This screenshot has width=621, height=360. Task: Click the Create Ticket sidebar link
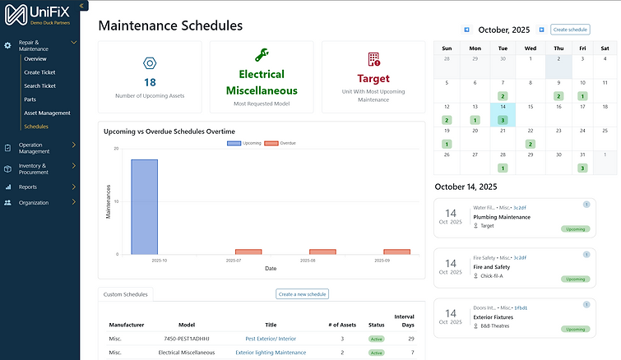point(39,72)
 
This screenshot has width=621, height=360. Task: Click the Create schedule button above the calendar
point(570,30)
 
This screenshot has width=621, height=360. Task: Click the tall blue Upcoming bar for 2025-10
point(144,206)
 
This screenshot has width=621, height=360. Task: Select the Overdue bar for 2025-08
point(322,252)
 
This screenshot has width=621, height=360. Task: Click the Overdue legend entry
point(280,143)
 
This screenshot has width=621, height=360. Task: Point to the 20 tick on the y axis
point(115,149)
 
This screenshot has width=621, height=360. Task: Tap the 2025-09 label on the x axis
point(396,261)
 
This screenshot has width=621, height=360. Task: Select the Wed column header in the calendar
point(531,48)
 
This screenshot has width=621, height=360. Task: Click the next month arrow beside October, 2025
point(541,30)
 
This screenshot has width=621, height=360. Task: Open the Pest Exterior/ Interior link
point(271,339)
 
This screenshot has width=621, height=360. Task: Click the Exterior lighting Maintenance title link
point(271,353)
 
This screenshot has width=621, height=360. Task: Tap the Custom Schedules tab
point(126,294)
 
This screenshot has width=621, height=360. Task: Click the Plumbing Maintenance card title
point(502,217)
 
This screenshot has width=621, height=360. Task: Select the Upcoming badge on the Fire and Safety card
point(576,279)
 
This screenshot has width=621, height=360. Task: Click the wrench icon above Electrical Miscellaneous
point(262,56)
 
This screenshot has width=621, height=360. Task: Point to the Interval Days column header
point(404,321)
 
